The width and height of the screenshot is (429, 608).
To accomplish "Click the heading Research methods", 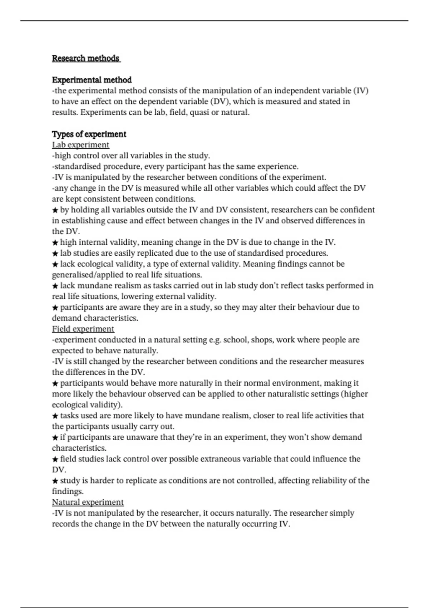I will (86, 58).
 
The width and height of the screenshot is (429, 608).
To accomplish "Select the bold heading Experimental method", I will (92, 80).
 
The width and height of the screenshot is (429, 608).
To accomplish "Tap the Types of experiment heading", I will (89, 134).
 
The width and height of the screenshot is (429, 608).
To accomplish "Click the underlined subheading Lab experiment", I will (80, 145).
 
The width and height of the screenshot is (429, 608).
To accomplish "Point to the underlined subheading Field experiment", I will (83, 329).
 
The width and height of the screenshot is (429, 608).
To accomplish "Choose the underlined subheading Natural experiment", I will (88, 502).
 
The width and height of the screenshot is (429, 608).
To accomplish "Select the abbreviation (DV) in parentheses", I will (220, 102).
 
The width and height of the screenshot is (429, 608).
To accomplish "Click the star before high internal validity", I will (55, 243).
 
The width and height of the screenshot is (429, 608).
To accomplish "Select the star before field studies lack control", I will (55, 459).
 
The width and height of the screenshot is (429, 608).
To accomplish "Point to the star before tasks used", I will (55, 416).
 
